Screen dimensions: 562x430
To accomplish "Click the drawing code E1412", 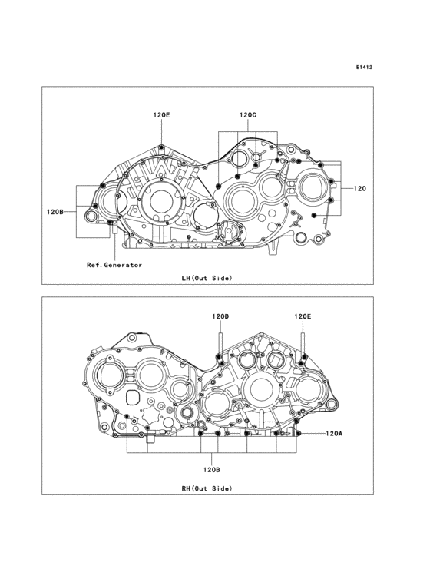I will coord(364,68).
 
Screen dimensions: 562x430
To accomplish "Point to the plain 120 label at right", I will coord(361,187).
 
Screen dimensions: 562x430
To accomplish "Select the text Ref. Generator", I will coord(114,265).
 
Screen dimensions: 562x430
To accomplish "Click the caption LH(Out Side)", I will coord(207,277).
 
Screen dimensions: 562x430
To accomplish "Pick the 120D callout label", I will coord(222,316).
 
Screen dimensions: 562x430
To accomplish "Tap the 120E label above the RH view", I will coord(303,316).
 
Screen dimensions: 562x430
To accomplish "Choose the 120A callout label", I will coord(335,434).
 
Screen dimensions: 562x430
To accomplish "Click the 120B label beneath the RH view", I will coord(212,469).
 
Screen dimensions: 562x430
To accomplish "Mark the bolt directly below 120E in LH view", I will coord(161,147).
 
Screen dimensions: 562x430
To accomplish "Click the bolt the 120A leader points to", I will coord(299,434).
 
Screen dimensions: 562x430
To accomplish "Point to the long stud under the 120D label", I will coord(222,342).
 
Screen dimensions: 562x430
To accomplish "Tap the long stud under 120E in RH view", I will coord(303,342).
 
